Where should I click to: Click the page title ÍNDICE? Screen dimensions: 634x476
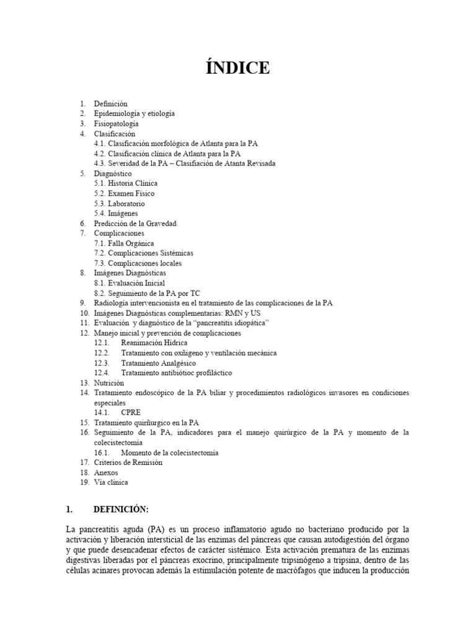click(238, 68)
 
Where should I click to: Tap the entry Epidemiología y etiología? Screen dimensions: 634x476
click(134, 114)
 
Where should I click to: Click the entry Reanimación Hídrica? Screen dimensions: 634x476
click(154, 342)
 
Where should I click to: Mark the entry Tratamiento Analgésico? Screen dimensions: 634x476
click(158, 363)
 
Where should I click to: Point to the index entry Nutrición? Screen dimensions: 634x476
click(109, 383)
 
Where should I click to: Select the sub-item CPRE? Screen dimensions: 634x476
click(131, 412)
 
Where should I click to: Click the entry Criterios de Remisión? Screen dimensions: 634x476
click(128, 462)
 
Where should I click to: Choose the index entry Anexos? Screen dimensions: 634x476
click(106, 472)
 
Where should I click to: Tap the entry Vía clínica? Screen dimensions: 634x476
click(111, 482)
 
